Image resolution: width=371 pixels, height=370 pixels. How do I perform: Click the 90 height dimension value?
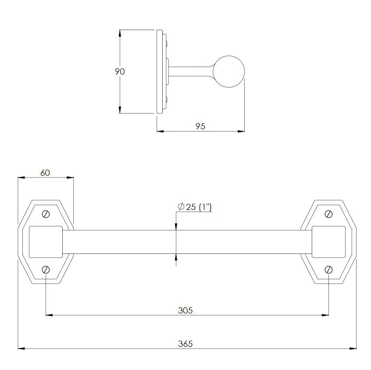(x=120, y=71)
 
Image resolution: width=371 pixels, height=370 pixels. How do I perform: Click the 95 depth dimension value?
(x=200, y=126)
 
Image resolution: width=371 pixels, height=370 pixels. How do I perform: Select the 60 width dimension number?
(x=45, y=173)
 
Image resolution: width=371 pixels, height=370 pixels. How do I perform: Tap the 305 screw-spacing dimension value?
(x=185, y=310)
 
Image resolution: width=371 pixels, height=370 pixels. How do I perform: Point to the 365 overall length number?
(x=185, y=344)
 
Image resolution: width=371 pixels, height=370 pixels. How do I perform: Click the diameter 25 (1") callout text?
(x=195, y=207)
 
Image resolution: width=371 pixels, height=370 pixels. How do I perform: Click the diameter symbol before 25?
(x=181, y=206)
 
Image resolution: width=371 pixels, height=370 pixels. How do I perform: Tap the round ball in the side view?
(x=229, y=72)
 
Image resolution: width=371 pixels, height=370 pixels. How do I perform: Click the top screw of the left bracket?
(x=46, y=214)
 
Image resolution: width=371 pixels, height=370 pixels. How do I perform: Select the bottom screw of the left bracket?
(x=46, y=270)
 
